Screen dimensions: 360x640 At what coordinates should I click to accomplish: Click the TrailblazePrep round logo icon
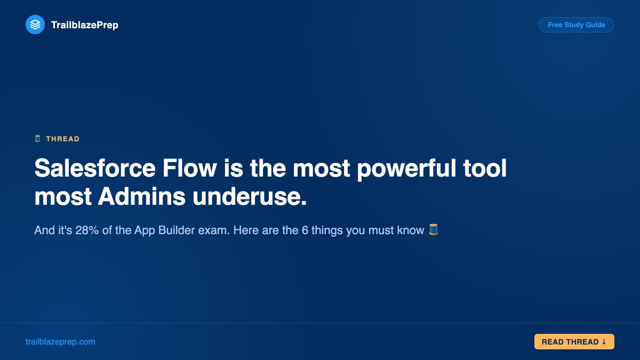pyautogui.click(x=35, y=25)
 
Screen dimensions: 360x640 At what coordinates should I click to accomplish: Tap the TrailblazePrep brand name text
pyautogui.click(x=84, y=25)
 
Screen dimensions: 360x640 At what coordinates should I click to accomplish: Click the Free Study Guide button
pyautogui.click(x=576, y=25)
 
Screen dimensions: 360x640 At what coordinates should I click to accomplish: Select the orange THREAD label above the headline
pyautogui.click(x=62, y=139)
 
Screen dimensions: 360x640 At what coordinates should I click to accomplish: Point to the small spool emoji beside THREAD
pyautogui.click(x=37, y=139)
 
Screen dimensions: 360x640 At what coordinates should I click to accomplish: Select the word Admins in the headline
pyautogui.click(x=142, y=197)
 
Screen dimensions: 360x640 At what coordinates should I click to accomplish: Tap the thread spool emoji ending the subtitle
pyautogui.click(x=434, y=230)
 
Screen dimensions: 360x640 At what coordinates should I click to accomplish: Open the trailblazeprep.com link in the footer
pyautogui.click(x=60, y=342)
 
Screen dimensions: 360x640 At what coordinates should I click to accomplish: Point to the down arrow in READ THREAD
pyautogui.click(x=604, y=342)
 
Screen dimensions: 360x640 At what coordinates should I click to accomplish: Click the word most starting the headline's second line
pyautogui.click(x=63, y=197)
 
